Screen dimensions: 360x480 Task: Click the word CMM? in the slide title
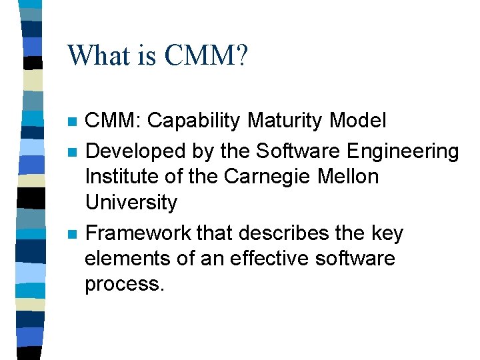[x=206, y=56]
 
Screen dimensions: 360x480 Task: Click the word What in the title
[x=95, y=56]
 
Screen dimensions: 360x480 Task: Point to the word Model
[x=361, y=121]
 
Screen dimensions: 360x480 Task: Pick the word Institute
[x=119, y=177]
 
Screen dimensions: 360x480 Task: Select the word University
[x=131, y=202]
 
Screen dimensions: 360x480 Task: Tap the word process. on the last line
[x=123, y=284]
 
